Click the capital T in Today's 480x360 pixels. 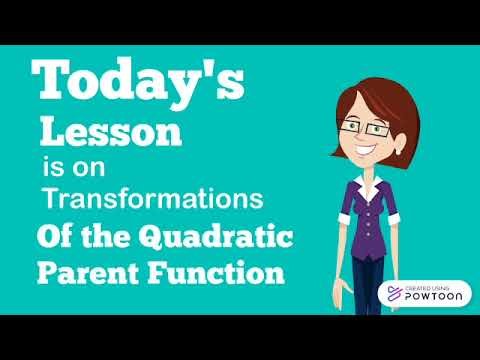pyautogui.click(x=52, y=80)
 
